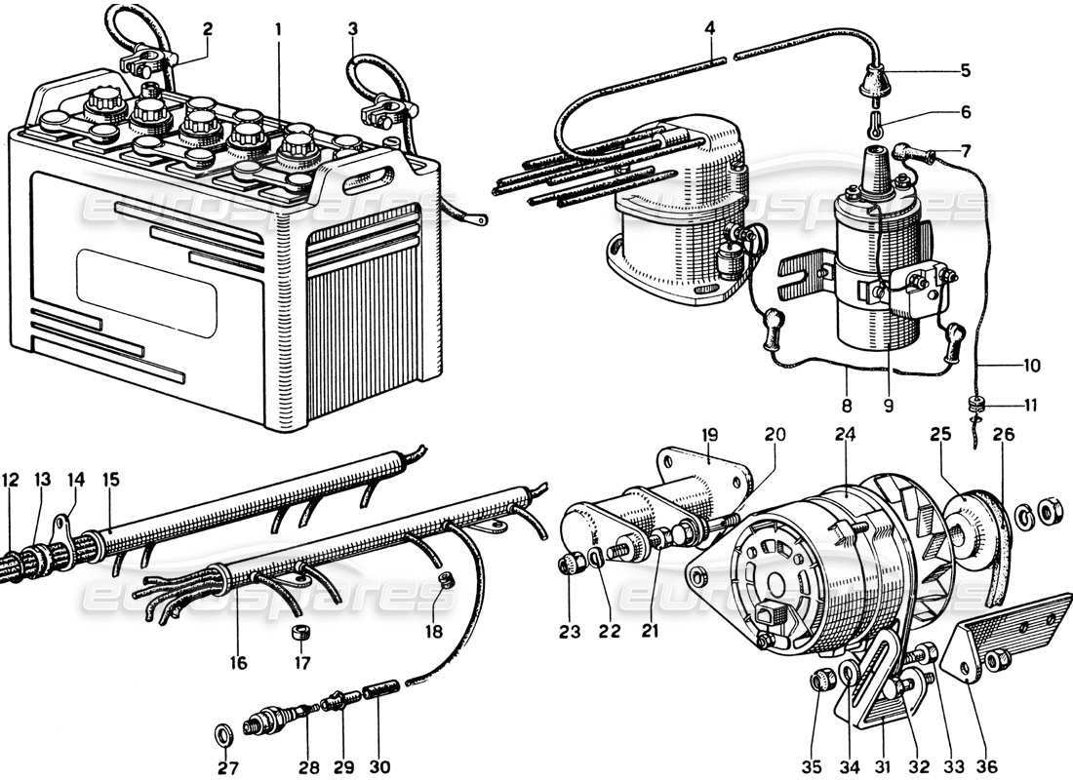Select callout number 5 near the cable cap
point(965,70)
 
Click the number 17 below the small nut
point(302,664)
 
